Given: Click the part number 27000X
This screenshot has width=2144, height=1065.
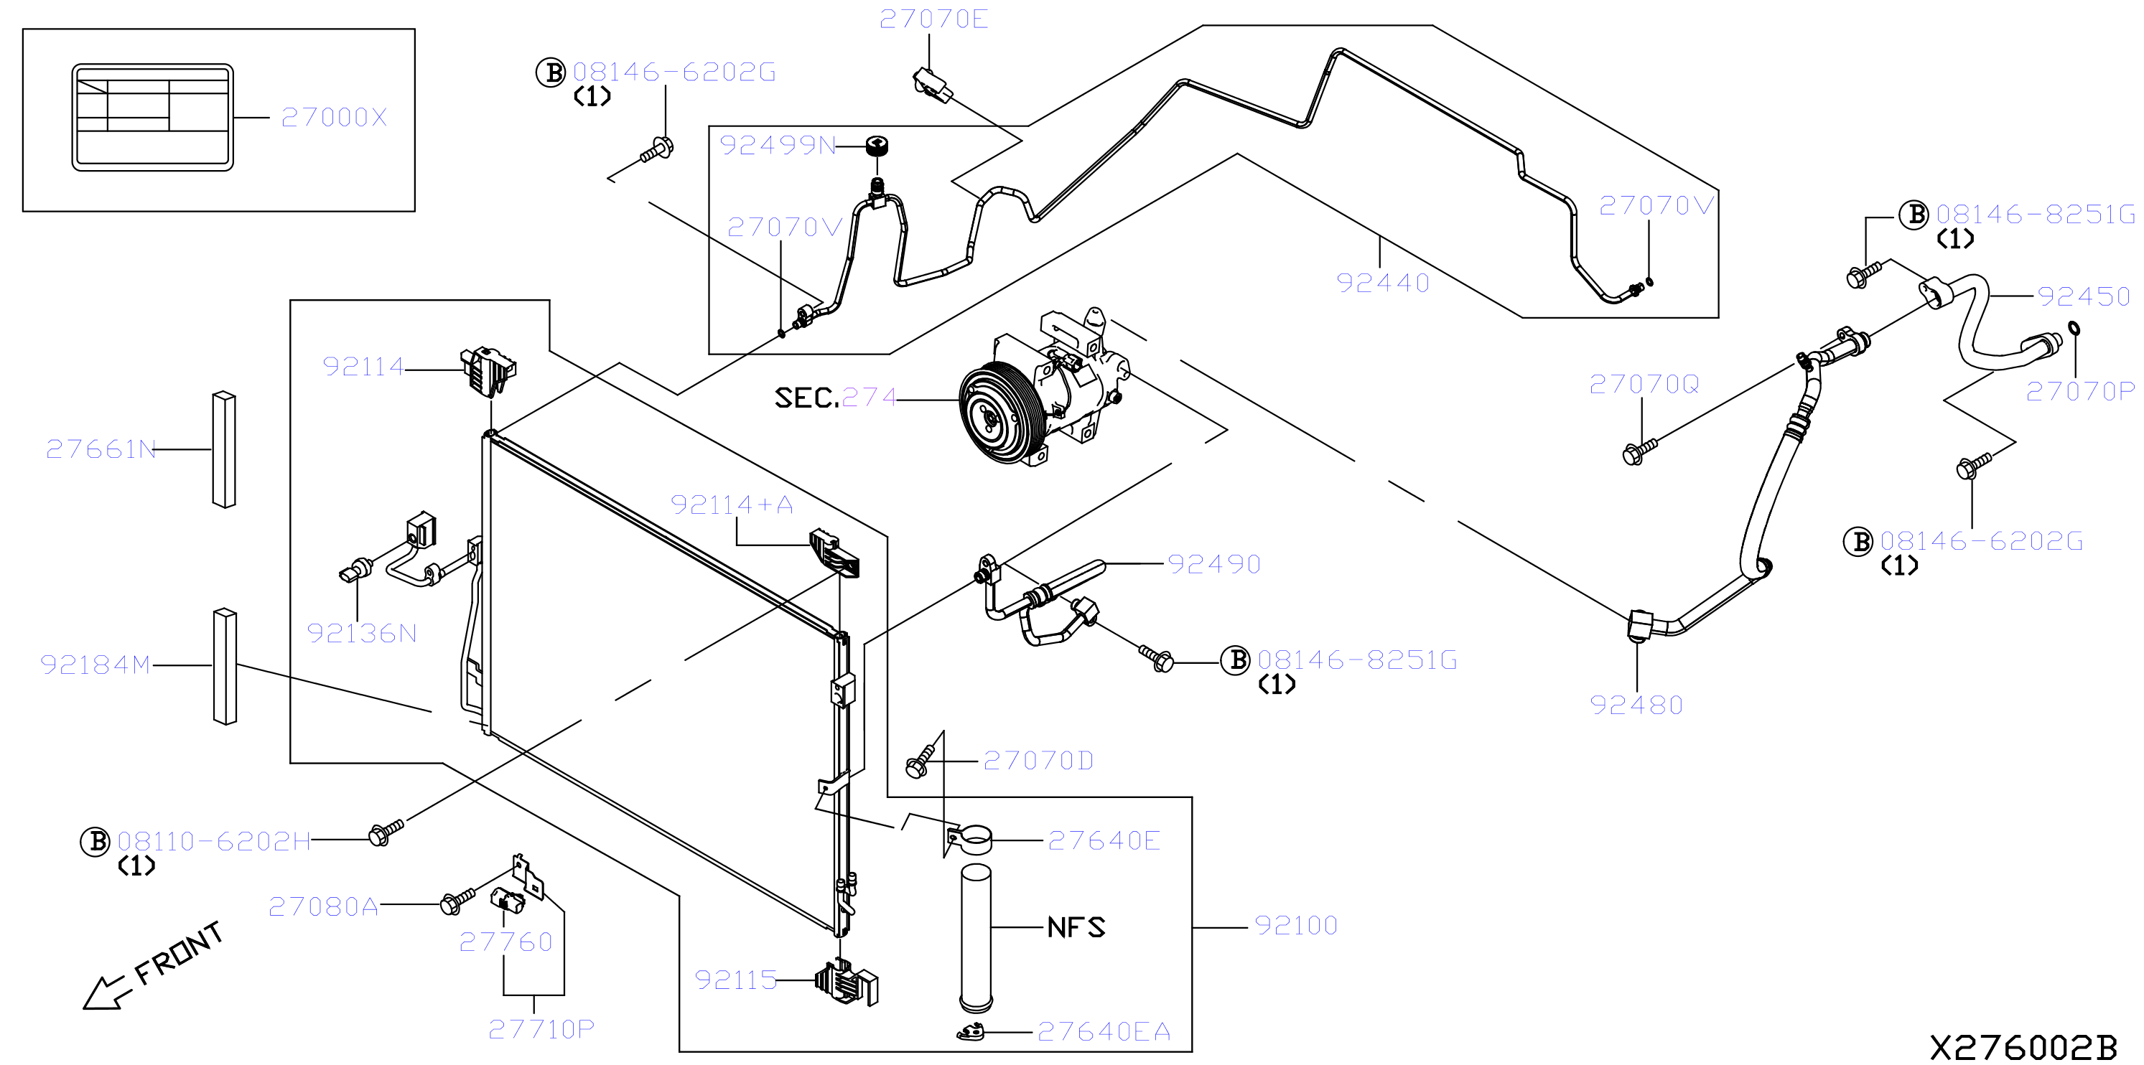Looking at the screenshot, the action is [335, 117].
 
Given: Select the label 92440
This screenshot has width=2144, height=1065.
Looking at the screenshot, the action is [1382, 283].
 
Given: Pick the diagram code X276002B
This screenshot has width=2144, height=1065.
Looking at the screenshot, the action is [2023, 1046].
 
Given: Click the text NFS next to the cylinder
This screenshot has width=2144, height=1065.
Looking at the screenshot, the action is [1076, 927].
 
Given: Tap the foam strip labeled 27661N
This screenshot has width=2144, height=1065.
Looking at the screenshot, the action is [224, 449].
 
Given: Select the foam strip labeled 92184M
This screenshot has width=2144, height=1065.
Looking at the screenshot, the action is [225, 667].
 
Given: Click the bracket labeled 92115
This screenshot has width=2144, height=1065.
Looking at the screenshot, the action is [847, 982].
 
